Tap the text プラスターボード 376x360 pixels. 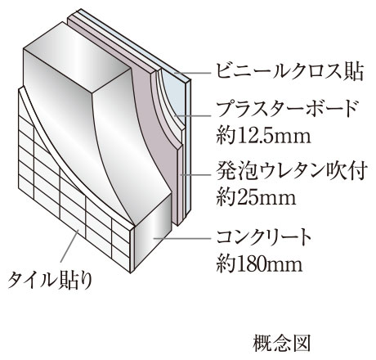point(287,110)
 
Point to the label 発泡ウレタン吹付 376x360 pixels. point(290,171)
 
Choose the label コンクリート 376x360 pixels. point(264,238)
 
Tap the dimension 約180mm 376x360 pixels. point(259,263)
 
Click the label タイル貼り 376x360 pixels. point(50,280)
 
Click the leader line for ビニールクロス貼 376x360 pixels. point(193,73)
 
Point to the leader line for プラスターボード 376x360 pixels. point(193,115)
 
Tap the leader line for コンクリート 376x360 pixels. point(182,238)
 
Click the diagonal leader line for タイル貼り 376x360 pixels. point(70,245)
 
